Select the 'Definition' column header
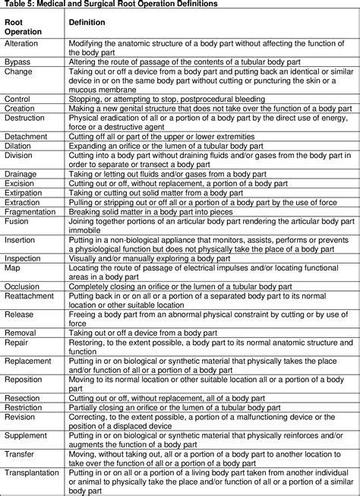tap(87, 23)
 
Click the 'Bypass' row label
tap(17, 61)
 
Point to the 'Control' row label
tap(18, 99)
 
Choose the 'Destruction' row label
tap(24, 118)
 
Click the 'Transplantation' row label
tap(31, 472)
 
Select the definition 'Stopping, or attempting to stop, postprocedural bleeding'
tap(163, 99)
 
